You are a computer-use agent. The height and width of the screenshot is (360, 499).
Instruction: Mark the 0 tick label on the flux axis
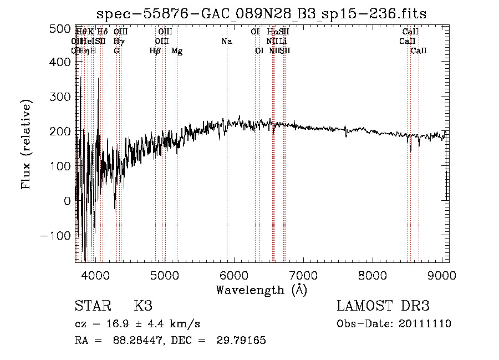coord(67,201)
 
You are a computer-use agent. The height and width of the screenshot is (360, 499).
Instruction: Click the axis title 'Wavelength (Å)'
coord(261,290)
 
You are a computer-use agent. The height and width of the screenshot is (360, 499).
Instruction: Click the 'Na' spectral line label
coord(227,42)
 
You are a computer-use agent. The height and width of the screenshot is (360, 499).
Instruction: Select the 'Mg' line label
coord(177,51)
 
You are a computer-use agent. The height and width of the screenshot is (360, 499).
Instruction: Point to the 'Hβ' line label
coord(155,51)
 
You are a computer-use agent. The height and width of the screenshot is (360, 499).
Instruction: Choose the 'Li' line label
coord(283,42)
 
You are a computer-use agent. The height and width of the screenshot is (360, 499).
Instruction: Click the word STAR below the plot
coord(91,306)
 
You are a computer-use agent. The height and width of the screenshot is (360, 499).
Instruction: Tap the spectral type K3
coord(143,306)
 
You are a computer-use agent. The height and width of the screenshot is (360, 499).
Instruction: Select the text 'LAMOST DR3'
coord(383,306)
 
